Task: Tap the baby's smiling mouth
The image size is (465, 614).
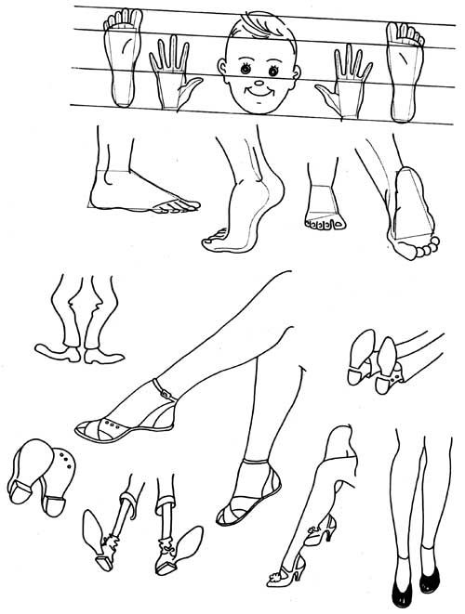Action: click(258, 95)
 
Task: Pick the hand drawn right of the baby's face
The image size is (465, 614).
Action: click(346, 79)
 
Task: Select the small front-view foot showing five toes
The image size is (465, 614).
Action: click(324, 209)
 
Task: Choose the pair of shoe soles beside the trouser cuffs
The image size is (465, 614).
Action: click(372, 365)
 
